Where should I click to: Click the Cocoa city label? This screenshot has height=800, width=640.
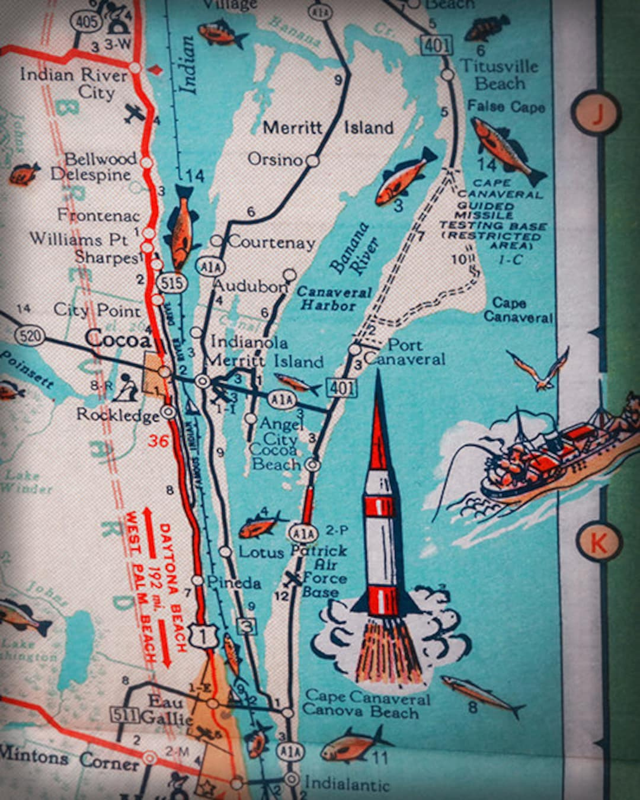[x=118, y=339]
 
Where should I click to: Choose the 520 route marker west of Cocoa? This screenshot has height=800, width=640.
[x=30, y=337]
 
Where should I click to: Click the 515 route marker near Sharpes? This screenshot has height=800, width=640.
[x=171, y=283]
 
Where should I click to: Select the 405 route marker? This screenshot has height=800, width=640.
[x=85, y=22]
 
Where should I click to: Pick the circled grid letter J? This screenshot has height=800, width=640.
[x=596, y=112]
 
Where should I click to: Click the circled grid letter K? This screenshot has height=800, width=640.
[x=598, y=542]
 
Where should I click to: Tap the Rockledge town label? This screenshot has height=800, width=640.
[x=118, y=414]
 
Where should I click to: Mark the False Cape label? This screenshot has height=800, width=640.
[x=505, y=107]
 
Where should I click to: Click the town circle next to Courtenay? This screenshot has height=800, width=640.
[x=217, y=241]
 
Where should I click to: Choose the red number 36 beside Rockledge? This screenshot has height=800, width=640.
[x=159, y=440]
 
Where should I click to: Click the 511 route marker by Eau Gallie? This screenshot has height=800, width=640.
[x=125, y=714]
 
